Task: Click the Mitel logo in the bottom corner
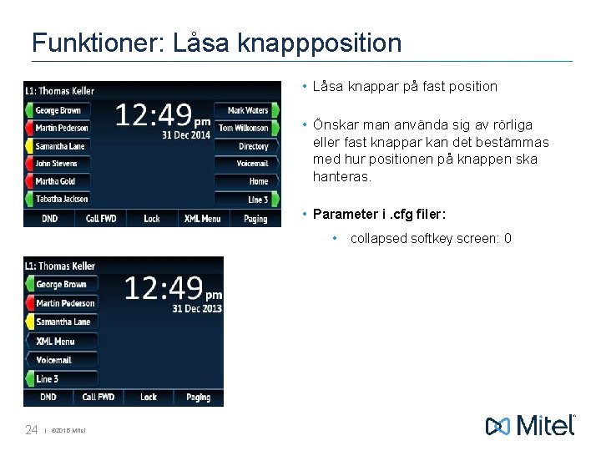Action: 531,425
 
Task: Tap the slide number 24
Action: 32,430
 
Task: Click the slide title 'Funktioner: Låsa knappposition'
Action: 216,43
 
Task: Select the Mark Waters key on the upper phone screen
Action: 247,110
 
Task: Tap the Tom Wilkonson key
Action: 243,128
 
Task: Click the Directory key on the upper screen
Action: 252,146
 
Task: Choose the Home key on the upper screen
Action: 257,181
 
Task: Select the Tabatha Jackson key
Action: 61,199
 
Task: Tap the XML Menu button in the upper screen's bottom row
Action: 203,219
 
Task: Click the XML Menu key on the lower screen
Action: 56,341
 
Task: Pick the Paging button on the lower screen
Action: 198,398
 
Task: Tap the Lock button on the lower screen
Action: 149,398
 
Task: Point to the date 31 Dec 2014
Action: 186,135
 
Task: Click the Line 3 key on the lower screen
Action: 48,378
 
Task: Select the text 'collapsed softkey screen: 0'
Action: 431,239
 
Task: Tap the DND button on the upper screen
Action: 50,219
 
